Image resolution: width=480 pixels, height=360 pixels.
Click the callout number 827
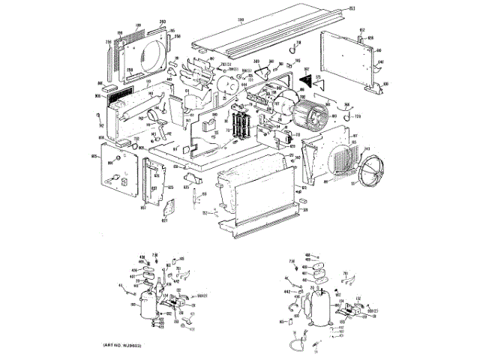(166, 220)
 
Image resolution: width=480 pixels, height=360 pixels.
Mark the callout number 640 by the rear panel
(380, 61)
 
